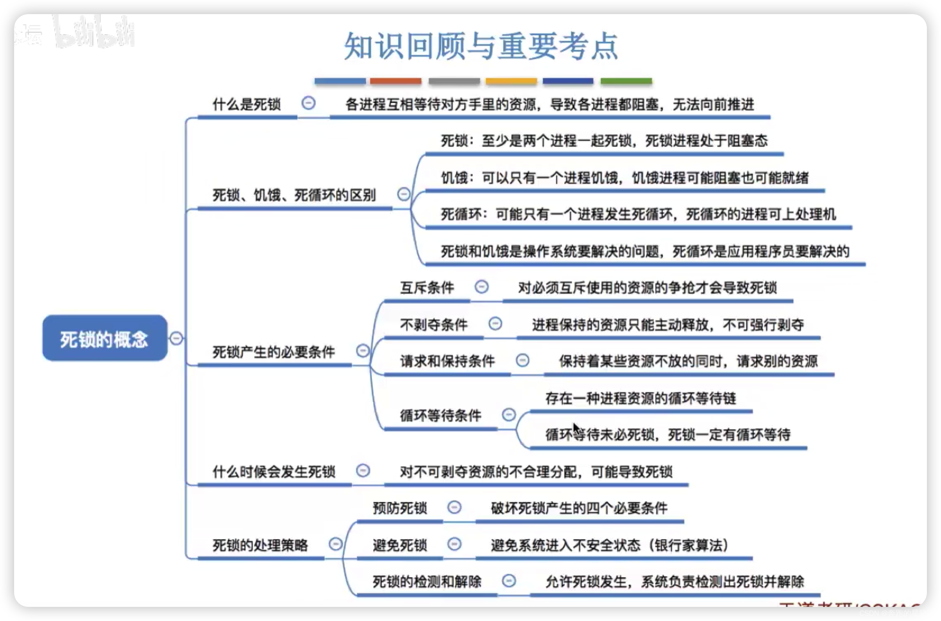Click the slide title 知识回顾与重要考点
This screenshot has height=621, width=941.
pos(481,46)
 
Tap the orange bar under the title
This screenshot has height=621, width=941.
pos(395,81)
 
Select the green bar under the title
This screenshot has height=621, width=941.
pos(626,81)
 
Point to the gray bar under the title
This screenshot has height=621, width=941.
pos(454,81)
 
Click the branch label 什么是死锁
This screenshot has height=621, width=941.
pos(246,105)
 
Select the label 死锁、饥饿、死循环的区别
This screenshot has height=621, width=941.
pos(294,195)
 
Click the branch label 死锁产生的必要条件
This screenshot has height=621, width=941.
pos(273,352)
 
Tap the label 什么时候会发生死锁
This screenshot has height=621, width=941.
pos(273,472)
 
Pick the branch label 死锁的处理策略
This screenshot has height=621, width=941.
pos(260,545)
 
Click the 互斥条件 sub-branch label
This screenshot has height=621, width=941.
pos(427,288)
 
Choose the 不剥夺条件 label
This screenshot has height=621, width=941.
pos(434,325)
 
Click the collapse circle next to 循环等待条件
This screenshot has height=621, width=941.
pos(509,415)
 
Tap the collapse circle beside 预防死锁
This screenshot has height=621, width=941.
pos(454,507)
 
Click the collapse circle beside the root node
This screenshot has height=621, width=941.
pos(176,338)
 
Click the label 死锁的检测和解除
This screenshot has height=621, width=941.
pos(427,582)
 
